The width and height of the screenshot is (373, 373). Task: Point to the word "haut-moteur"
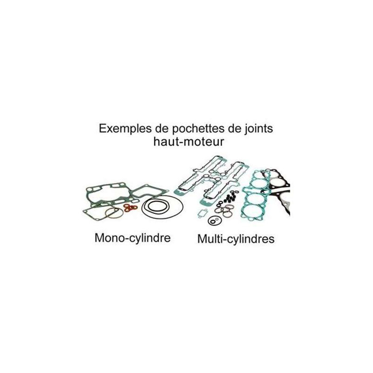pos(189,142)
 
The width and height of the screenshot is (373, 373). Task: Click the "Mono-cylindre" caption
pos(132,238)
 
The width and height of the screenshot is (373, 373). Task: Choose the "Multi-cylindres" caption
pos(236,239)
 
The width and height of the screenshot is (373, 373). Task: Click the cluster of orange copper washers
pos(131,207)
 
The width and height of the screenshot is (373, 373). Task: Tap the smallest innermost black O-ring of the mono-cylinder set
pos(156,207)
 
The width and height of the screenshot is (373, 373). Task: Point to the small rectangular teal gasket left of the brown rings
pos(203,213)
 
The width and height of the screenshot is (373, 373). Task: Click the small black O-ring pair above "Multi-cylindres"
pos(214,221)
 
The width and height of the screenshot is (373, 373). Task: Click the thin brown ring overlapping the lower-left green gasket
pos(114,213)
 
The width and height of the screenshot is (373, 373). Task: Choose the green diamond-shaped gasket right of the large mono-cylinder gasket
pos(149,192)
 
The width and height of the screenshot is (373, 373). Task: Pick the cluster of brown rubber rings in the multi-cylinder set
pos(224,211)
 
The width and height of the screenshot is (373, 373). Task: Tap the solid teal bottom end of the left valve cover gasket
pos(179,192)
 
